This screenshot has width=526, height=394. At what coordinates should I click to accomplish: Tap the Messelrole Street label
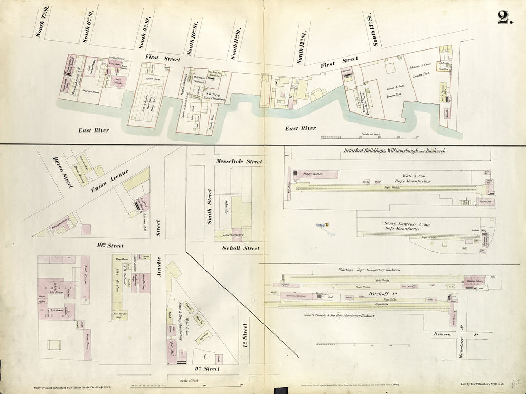tap(239, 162)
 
